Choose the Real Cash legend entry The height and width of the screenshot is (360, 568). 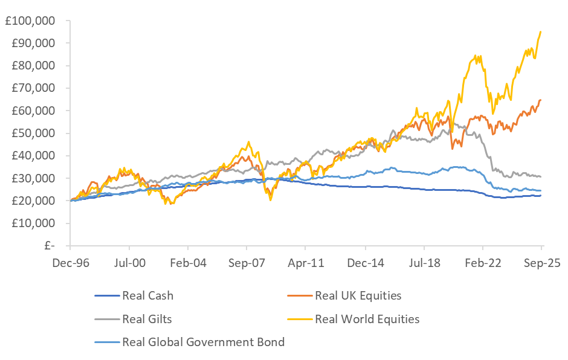(x=147, y=296)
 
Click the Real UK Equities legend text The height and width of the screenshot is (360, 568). (x=358, y=296)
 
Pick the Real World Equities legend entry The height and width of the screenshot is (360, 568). (x=367, y=319)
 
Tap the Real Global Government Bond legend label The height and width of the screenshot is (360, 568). (x=203, y=342)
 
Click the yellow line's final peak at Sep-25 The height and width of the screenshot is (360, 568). (x=540, y=32)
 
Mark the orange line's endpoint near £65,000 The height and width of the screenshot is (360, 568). (x=540, y=100)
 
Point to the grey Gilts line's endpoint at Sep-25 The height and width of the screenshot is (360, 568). (x=540, y=176)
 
